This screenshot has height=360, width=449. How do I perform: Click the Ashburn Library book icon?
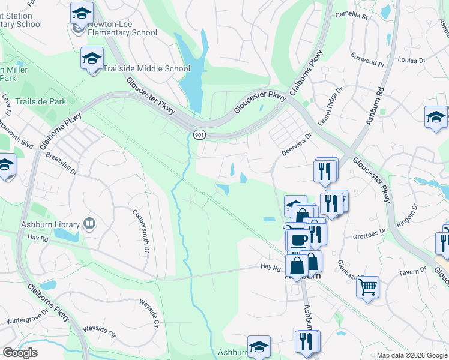pos(89,224)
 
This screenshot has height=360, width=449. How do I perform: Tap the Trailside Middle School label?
pos(146,68)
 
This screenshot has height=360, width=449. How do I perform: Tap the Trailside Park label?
pos(41,102)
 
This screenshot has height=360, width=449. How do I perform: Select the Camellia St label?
pos(351,15)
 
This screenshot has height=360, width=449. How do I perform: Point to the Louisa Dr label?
pos(411,61)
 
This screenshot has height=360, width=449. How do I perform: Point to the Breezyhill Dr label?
pos(61,163)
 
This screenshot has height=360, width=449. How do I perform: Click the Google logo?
pos(20,353)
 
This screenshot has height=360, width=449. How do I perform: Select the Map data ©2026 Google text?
pos(411,355)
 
